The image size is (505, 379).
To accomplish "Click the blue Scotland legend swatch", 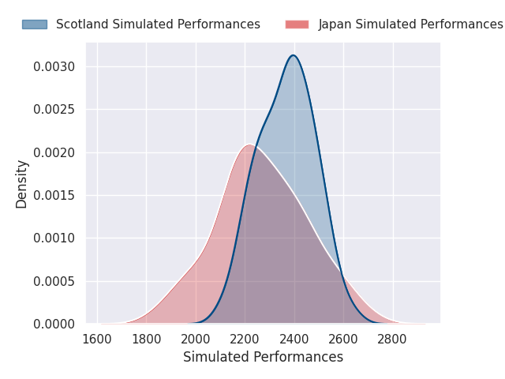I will click(x=34, y=24).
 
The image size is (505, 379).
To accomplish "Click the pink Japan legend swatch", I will click(x=297, y=24).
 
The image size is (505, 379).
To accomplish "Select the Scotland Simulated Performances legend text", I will click(x=158, y=24).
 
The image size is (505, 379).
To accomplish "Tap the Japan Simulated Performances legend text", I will click(x=410, y=24).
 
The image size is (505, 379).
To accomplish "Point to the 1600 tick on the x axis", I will click(x=97, y=340).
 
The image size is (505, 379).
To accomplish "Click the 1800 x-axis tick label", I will click(x=146, y=340).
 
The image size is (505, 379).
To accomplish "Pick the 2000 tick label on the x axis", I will click(x=196, y=340).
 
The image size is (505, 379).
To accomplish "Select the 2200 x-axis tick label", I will click(x=245, y=340).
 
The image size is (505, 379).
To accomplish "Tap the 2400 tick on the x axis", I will click(x=294, y=340).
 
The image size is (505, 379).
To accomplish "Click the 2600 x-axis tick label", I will click(x=343, y=340).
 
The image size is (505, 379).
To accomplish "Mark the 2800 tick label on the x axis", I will click(x=393, y=340).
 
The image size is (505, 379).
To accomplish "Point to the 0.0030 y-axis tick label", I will click(x=54, y=66).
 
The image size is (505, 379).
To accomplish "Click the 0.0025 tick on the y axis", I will click(x=54, y=110).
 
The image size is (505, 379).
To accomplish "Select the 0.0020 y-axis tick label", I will click(x=54, y=152).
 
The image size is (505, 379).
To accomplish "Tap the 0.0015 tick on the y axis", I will click(x=54, y=195).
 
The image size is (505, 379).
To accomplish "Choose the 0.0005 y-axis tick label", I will click(x=54, y=281).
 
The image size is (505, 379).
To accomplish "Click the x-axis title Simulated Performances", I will click(x=263, y=357).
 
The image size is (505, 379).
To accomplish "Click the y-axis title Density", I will click(x=22, y=184).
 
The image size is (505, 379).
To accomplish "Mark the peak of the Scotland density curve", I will click(x=294, y=55).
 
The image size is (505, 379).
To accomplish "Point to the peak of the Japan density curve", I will click(x=249, y=144).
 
